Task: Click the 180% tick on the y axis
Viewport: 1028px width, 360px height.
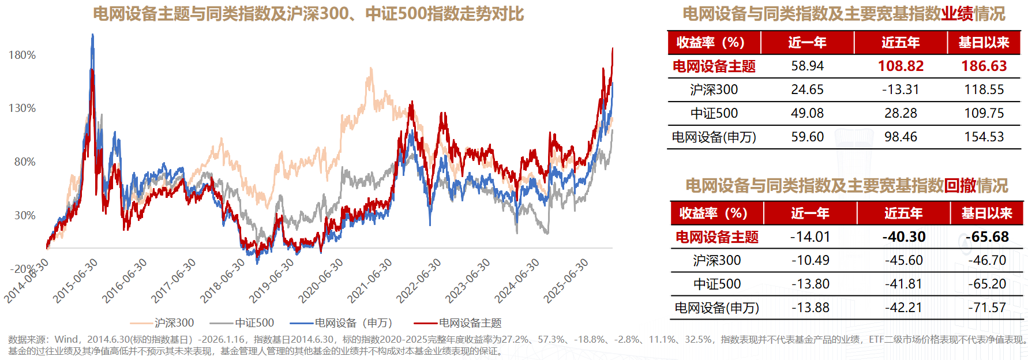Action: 22,55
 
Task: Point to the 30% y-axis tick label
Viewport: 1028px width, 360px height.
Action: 25,216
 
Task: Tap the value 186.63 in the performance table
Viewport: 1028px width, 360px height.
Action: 984,66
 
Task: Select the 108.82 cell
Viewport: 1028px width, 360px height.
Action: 901,66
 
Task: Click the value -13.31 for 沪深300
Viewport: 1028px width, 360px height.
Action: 901,90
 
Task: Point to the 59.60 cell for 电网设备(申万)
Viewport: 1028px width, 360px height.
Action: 807,137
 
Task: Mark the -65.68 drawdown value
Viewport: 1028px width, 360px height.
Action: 987,237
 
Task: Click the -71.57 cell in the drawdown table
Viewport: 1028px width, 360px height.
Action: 987,308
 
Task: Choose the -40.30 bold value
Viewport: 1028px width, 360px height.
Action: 904,237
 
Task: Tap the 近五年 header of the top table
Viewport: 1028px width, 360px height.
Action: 901,43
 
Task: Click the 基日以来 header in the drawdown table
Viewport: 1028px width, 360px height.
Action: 987,213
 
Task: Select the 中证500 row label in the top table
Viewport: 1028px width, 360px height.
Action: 714,114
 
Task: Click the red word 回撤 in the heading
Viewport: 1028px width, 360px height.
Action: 960,186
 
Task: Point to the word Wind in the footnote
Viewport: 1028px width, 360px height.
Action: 66,340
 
